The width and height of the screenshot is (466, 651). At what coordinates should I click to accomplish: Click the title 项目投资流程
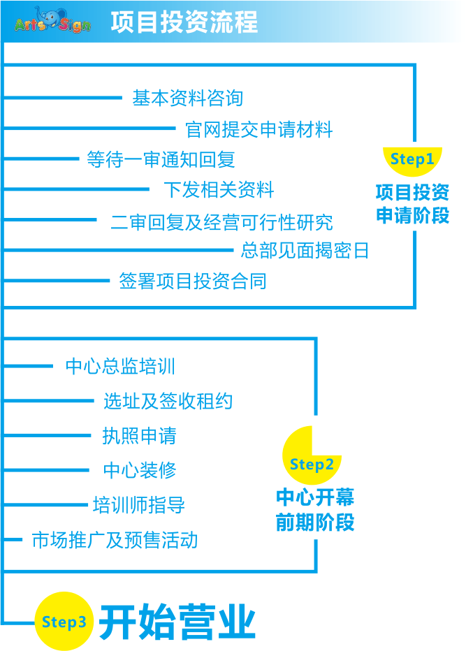tap(184, 22)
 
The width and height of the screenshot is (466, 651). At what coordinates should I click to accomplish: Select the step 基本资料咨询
tap(187, 98)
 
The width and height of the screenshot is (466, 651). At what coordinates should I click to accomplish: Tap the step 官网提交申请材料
tap(259, 129)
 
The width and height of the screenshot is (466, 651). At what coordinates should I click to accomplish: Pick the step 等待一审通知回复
tap(161, 159)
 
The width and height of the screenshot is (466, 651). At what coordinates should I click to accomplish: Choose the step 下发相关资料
tap(219, 189)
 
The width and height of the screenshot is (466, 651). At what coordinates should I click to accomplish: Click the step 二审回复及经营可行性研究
tap(221, 222)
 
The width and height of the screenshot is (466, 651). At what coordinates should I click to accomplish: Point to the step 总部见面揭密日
tap(305, 250)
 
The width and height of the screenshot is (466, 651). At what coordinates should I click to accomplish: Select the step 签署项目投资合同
tap(192, 281)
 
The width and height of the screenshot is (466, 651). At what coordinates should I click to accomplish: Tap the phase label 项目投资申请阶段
tap(412, 203)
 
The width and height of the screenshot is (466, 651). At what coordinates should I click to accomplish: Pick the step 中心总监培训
tap(120, 366)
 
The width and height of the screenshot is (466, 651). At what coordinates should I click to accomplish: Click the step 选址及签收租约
tap(168, 401)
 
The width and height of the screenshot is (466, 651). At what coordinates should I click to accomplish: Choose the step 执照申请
tap(139, 436)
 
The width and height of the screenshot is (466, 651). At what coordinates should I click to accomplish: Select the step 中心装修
tap(140, 470)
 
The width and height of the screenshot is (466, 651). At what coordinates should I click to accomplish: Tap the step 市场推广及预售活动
tap(115, 539)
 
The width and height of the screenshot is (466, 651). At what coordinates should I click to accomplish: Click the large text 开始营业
tap(177, 621)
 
